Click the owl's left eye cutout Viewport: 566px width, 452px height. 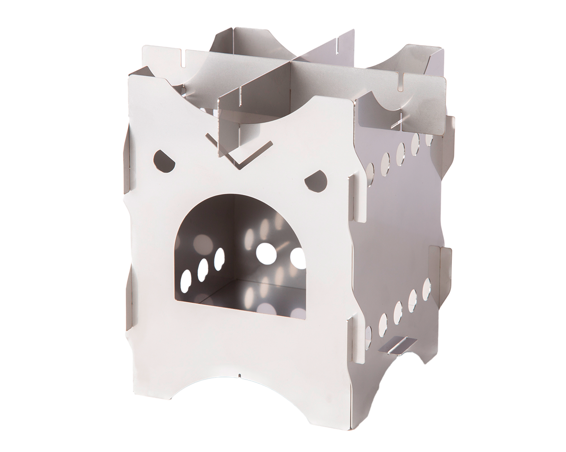pyautogui.click(x=164, y=161)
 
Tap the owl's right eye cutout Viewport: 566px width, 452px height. pyautogui.click(x=316, y=181)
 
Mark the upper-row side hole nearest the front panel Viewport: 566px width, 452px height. pyautogui.click(x=370, y=174)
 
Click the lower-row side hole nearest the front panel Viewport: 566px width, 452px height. pyautogui.click(x=368, y=337)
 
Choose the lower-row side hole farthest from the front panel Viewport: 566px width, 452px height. pyautogui.click(x=426, y=289)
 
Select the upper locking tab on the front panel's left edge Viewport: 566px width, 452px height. pyautogui.click(x=126, y=160)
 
